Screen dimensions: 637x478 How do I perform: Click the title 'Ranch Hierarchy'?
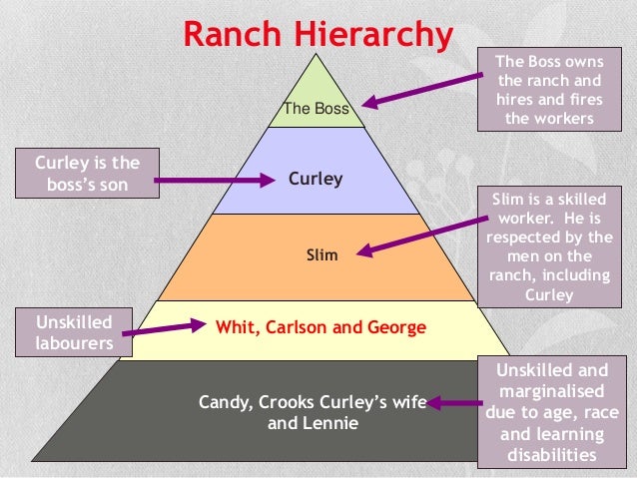318,35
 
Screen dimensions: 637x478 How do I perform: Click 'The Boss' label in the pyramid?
317,109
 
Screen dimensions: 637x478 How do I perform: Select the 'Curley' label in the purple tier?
316,180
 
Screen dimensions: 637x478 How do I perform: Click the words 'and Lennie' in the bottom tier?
314,422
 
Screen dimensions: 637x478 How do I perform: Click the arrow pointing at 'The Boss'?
419,88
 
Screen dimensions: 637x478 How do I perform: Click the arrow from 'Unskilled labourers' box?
170,325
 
